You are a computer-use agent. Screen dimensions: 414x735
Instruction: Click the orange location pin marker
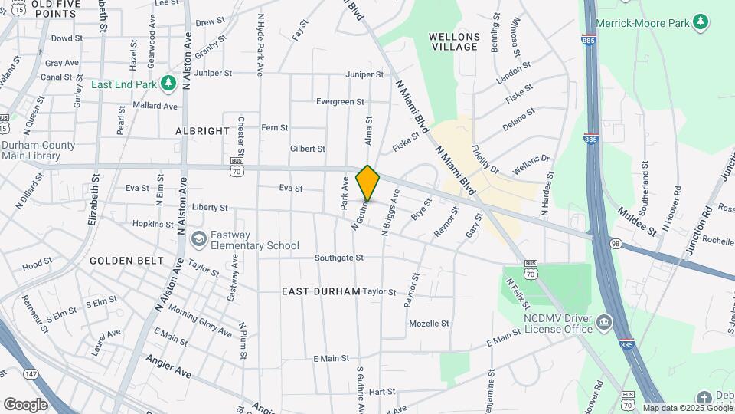coord(367,183)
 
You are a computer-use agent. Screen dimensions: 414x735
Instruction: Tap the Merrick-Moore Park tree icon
coord(700,21)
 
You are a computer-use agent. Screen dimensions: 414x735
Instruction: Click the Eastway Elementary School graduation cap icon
coord(199,239)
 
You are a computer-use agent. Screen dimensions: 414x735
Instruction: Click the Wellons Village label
coord(454,41)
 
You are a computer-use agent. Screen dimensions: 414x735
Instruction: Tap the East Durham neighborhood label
coord(320,291)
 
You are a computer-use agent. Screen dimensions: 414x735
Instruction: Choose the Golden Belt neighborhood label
coord(126,261)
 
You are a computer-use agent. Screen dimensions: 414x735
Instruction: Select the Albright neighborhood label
coord(202,131)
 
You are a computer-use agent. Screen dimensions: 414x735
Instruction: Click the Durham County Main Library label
coord(38,150)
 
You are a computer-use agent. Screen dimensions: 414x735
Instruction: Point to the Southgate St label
coord(339,258)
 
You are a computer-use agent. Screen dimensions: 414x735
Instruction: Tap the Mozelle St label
coord(429,324)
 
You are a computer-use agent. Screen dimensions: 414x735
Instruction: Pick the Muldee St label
coord(637,220)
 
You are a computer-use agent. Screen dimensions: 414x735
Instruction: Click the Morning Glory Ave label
coord(200,320)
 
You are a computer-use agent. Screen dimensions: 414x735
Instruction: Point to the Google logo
coord(25,404)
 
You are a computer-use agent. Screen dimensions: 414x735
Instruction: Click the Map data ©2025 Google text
coord(688,408)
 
